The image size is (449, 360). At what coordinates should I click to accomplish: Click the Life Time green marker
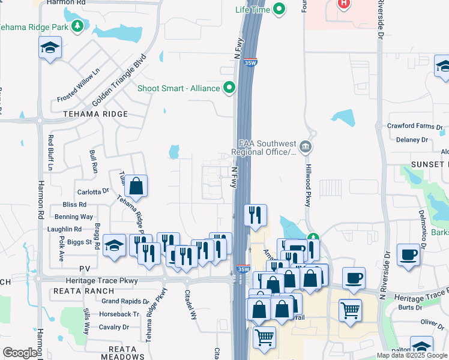279,9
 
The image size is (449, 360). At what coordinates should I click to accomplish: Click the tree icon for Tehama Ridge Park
77,26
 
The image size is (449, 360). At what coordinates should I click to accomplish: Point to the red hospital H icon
343,4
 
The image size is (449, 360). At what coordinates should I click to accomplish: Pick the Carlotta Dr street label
93,192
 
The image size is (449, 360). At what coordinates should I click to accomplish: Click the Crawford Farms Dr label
415,127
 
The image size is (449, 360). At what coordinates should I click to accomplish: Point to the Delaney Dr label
412,140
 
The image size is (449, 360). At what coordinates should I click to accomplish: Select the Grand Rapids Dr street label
125,301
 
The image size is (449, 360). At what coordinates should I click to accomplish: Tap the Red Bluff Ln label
50,153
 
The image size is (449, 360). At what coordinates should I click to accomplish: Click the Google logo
20,353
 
